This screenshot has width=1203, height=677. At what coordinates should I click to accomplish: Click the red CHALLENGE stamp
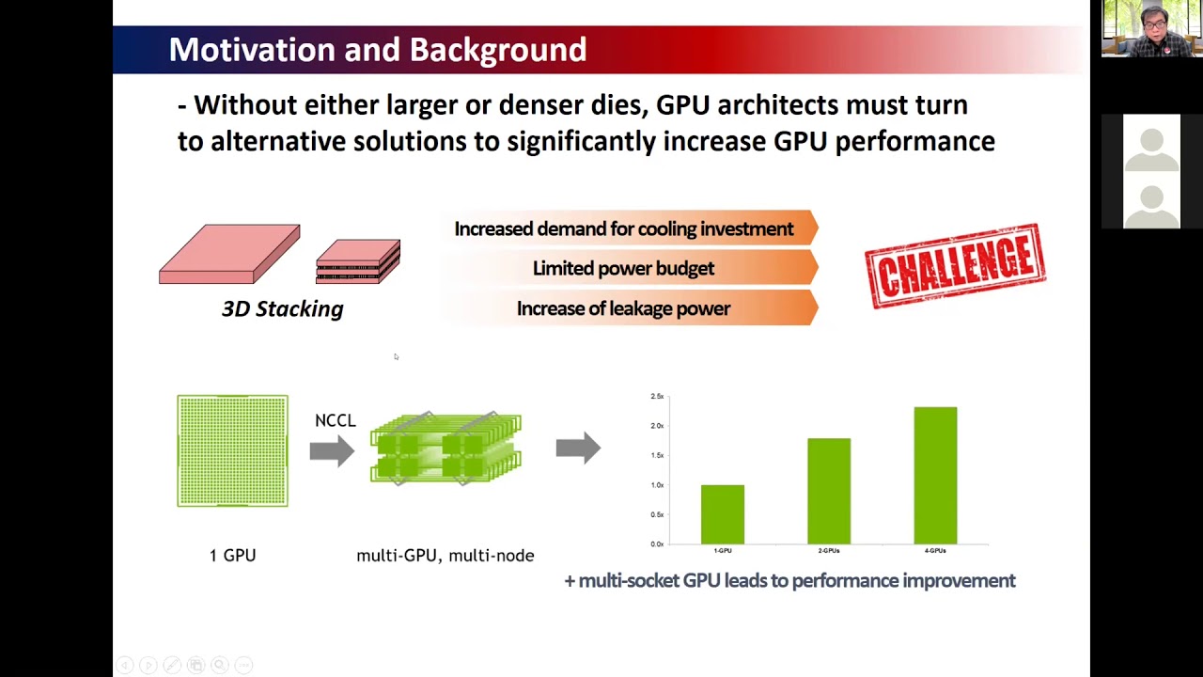click(955, 266)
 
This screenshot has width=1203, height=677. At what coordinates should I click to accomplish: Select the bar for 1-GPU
click(722, 514)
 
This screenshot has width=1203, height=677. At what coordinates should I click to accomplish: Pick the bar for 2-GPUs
click(828, 491)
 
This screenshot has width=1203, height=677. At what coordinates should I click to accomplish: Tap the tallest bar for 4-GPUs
click(935, 475)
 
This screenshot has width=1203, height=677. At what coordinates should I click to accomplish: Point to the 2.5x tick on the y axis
click(657, 397)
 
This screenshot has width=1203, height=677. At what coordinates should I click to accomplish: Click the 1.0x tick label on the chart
click(657, 485)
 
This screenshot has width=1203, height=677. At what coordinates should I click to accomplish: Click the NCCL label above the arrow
click(335, 420)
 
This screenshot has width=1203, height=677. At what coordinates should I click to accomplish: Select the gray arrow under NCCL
click(332, 450)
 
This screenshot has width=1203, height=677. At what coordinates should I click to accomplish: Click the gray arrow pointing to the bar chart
click(578, 448)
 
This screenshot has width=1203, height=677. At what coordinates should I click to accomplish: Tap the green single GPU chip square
click(233, 451)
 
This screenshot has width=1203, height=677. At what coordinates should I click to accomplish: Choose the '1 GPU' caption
click(232, 556)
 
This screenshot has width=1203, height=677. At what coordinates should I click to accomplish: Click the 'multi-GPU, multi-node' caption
click(445, 556)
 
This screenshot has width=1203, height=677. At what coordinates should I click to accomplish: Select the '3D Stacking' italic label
click(282, 308)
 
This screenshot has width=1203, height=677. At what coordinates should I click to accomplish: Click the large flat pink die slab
click(229, 254)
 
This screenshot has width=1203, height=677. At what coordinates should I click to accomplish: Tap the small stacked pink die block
click(358, 260)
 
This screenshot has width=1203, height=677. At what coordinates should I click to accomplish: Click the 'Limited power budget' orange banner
click(624, 269)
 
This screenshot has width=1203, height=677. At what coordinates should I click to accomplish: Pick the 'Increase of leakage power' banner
click(624, 308)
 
